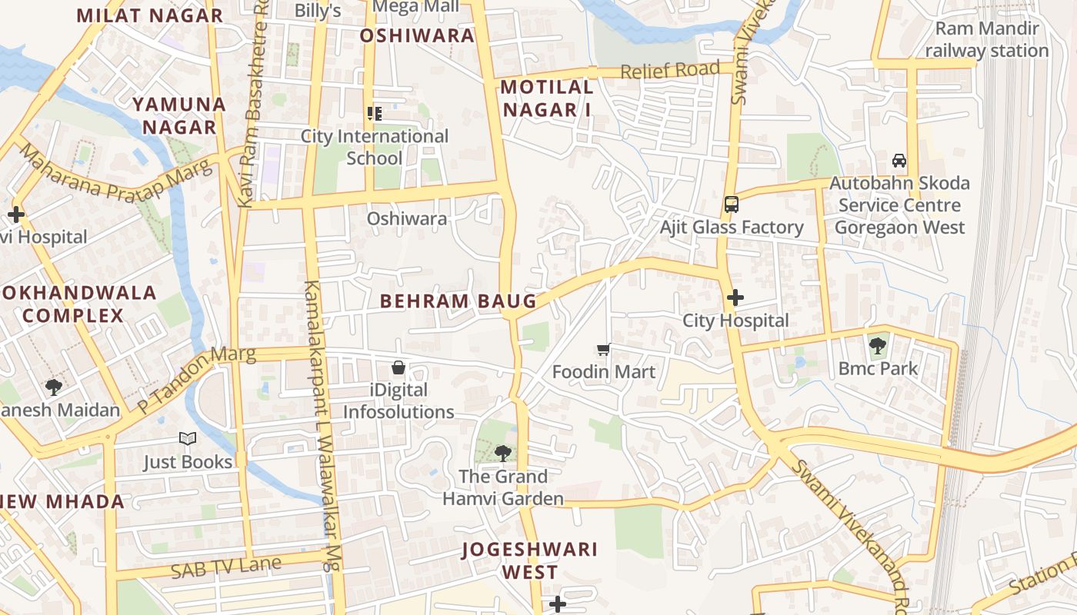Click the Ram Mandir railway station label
(x=986, y=40)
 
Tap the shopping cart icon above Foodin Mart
(x=604, y=350)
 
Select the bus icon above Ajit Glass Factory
(x=731, y=204)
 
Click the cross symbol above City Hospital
(x=735, y=298)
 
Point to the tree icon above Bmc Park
(x=878, y=346)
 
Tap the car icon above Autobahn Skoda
(x=899, y=161)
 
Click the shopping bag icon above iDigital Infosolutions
(x=398, y=367)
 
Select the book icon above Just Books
(x=188, y=439)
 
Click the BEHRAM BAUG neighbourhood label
(x=458, y=301)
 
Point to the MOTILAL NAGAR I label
(x=547, y=98)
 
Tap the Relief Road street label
(x=669, y=71)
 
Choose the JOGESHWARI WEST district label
(x=530, y=560)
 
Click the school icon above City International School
(x=375, y=115)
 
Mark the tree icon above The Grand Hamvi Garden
(x=503, y=453)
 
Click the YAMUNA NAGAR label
(x=178, y=115)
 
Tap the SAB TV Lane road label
(x=225, y=568)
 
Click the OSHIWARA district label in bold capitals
(x=417, y=35)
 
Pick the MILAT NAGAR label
(x=150, y=15)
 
